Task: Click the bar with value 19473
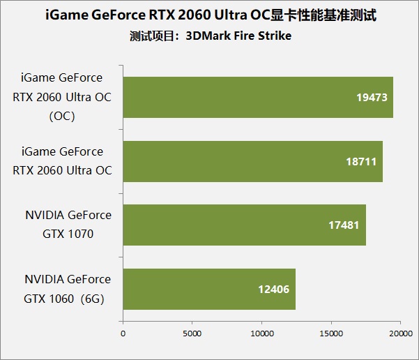(x=258, y=97)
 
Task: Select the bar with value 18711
(x=252, y=161)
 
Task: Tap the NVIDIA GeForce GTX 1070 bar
(x=244, y=225)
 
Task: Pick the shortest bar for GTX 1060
(x=209, y=289)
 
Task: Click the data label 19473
(x=371, y=97)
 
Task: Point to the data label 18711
(x=360, y=161)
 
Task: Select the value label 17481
(x=344, y=225)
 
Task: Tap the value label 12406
(x=273, y=289)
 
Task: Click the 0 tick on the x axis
(x=123, y=333)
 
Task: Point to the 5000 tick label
(x=192, y=333)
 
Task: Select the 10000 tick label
(x=261, y=333)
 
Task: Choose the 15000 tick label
(x=331, y=333)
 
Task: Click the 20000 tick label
(x=399, y=333)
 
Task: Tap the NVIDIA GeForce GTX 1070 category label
(x=68, y=225)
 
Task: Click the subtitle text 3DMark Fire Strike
(x=238, y=36)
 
